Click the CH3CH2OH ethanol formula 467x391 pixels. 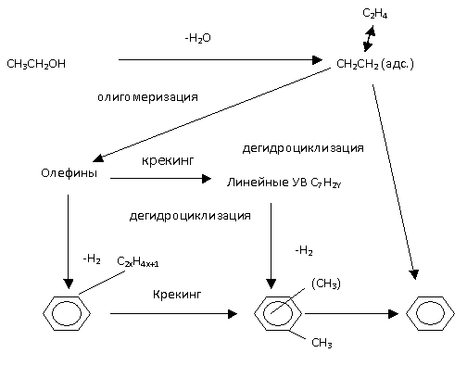click(x=36, y=64)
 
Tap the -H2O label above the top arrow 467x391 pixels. click(x=197, y=38)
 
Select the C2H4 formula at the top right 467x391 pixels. click(x=374, y=14)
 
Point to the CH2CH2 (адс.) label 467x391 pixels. click(x=375, y=64)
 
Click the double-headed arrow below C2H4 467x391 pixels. click(x=369, y=39)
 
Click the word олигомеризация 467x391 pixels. click(x=147, y=97)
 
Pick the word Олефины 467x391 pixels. click(x=69, y=173)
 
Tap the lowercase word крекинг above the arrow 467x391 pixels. click(x=168, y=161)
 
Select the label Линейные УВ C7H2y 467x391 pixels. click(x=284, y=183)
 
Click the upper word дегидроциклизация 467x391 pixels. click(x=303, y=148)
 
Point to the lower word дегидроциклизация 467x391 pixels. click(x=190, y=216)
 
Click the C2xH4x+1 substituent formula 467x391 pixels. click(x=138, y=262)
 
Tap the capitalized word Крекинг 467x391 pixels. click(x=177, y=295)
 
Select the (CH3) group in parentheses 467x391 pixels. click(x=326, y=284)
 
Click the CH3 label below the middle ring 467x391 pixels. click(x=322, y=343)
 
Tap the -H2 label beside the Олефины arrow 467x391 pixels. click(x=92, y=259)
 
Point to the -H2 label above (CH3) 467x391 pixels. click(x=304, y=250)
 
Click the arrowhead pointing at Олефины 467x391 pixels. click(x=98, y=158)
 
